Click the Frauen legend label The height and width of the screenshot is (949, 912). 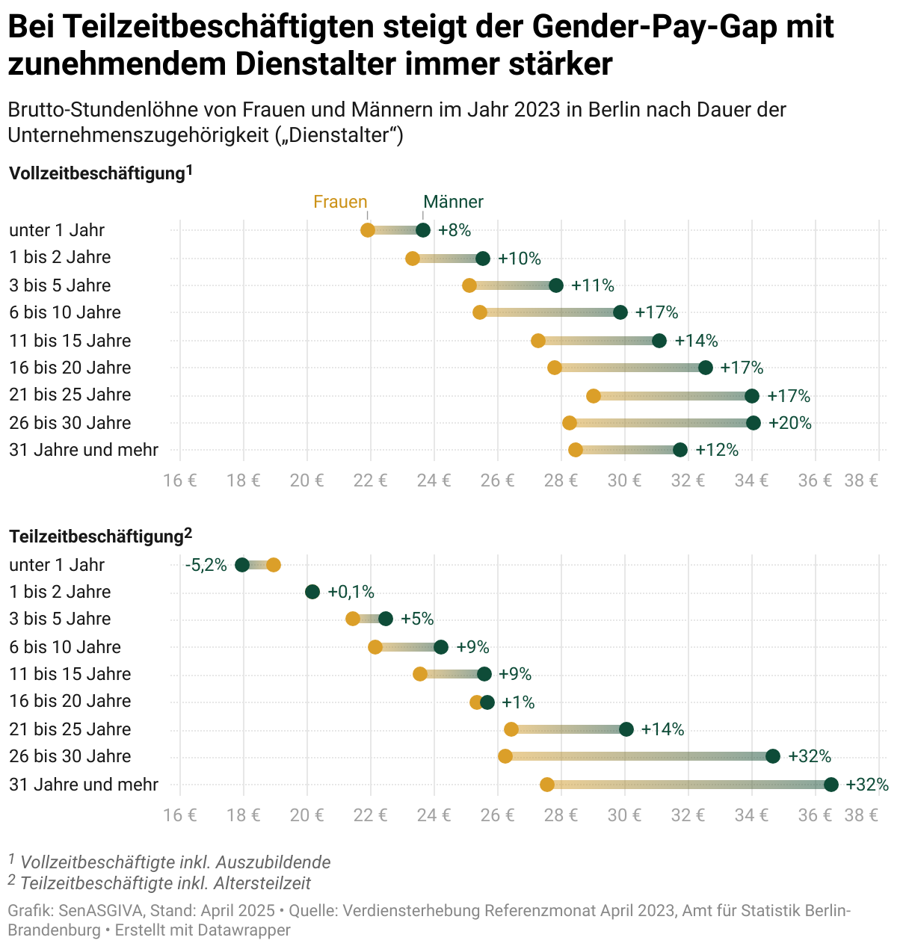[x=340, y=202]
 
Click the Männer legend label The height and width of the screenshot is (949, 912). [x=453, y=202]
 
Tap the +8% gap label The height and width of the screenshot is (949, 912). [x=455, y=230]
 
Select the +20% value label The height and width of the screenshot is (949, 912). [x=790, y=423]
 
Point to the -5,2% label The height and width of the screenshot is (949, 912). [x=206, y=565]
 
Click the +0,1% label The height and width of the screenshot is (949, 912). [x=351, y=592]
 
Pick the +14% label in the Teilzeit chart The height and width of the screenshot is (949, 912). [x=662, y=729]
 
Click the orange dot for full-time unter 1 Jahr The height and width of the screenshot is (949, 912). [x=368, y=230]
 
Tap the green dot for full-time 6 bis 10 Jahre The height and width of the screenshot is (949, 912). [x=620, y=312]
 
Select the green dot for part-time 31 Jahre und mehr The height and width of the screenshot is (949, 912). [x=831, y=785]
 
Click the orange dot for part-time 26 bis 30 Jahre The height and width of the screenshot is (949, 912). [x=505, y=756]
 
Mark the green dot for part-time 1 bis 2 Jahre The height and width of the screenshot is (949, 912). [x=312, y=592]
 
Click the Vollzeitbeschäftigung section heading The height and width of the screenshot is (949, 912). [x=96, y=174]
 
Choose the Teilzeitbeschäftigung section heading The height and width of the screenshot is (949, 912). [x=96, y=537]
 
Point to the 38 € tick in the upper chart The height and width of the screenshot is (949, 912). [x=861, y=480]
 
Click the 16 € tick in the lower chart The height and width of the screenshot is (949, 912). [x=180, y=814]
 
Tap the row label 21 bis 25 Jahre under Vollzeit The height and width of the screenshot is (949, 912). [x=70, y=395]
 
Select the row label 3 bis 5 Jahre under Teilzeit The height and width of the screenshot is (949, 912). [x=60, y=619]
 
